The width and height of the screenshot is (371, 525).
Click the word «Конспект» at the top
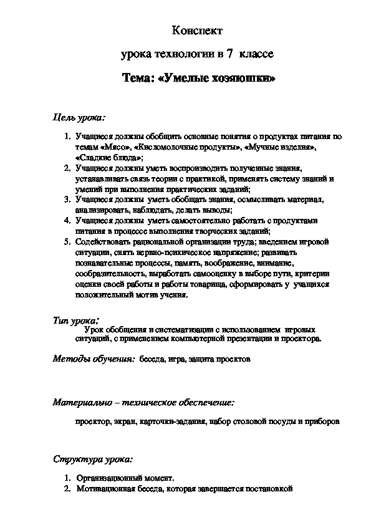click(x=196, y=31)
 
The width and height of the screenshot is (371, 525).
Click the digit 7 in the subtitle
click(x=231, y=55)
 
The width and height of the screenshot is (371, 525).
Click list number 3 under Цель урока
click(x=67, y=200)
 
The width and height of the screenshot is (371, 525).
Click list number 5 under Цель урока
click(x=67, y=241)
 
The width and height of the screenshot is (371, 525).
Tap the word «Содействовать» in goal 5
click(x=103, y=241)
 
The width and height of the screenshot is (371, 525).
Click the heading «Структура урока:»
click(x=92, y=460)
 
